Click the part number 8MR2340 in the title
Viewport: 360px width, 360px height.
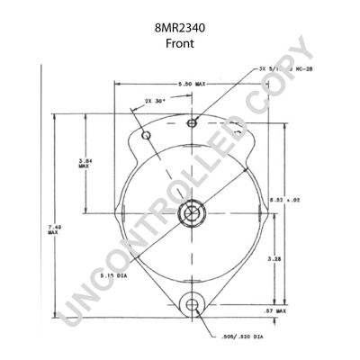(180, 28)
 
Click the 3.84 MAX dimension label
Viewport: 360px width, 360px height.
(85, 163)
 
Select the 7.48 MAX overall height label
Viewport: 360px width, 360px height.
(53, 229)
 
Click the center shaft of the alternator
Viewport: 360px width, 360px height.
(191, 213)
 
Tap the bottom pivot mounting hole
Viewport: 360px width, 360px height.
(191, 307)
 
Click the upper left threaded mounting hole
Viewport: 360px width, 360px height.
(147, 136)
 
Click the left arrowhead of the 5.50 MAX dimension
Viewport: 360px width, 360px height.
(115, 84)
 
